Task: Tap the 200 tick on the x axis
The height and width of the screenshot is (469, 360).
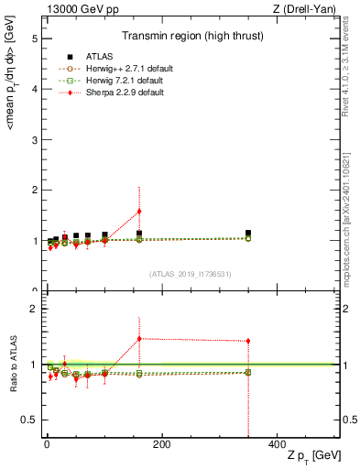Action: [161, 444]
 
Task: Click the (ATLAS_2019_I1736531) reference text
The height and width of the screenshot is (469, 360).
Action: [190, 273]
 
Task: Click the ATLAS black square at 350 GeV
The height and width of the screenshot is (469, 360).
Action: [248, 234]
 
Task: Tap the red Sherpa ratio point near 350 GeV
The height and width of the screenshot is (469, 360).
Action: [248, 341]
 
